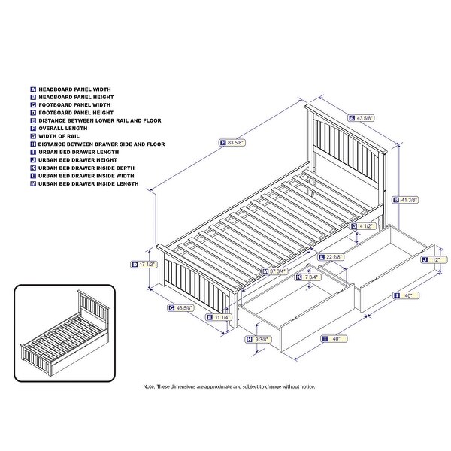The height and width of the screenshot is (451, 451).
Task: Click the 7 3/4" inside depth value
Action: point(309,277)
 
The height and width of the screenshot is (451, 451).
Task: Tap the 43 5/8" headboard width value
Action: point(368,117)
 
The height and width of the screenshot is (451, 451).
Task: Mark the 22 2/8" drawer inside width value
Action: point(335,256)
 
